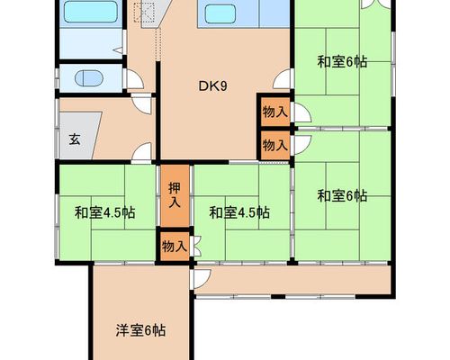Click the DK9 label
(x=212, y=86)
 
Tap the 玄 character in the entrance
(x=75, y=139)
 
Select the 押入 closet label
(x=175, y=195)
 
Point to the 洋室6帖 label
(x=140, y=330)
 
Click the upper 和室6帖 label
(x=342, y=62)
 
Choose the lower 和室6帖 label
(x=342, y=196)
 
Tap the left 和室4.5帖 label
(x=104, y=212)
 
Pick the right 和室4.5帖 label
(x=239, y=212)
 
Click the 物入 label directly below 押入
(x=175, y=247)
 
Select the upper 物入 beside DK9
(x=275, y=112)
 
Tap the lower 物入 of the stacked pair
(x=275, y=146)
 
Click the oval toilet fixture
(x=89, y=78)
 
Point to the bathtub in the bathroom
(x=91, y=12)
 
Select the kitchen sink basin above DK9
(x=220, y=14)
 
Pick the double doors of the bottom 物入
(x=196, y=247)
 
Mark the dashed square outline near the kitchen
(x=145, y=13)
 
